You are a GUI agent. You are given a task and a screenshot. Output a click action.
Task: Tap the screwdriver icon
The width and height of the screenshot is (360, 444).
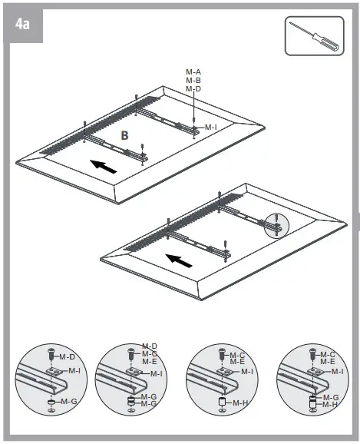315,36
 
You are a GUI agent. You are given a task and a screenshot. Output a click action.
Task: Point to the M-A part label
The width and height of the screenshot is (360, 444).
193,71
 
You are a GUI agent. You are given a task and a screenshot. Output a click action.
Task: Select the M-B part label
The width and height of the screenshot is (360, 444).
193,80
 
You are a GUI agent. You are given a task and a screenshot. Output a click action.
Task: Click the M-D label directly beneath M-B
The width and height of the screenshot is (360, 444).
193,89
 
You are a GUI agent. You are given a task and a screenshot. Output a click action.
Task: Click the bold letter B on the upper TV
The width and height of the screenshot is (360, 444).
124,135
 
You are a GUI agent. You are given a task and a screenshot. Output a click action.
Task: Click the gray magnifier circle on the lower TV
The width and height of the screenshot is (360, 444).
274,224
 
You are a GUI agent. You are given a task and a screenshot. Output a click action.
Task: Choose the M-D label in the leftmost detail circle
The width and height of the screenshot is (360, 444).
68,356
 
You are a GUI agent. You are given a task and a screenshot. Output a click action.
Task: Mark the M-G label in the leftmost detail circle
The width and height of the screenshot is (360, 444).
68,401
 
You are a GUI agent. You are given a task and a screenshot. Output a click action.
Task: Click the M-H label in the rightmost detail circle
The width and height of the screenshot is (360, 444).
329,404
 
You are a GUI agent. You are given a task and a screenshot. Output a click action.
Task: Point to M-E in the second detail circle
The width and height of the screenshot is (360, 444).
150,361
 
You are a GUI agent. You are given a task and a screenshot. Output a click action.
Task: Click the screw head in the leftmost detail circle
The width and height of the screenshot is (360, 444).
51,354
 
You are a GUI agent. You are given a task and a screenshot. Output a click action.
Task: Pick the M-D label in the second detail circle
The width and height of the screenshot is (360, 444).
150,346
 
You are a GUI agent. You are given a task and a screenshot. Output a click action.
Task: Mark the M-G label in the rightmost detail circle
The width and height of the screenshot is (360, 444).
329,397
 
